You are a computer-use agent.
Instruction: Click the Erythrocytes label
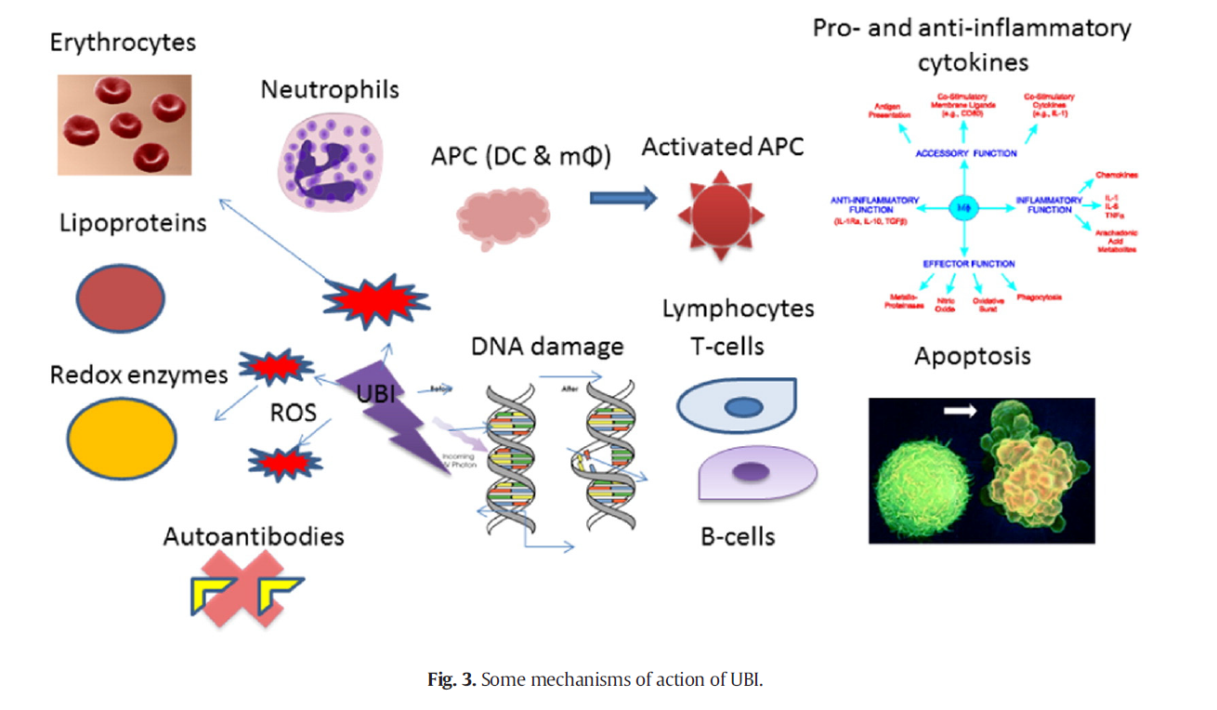click(124, 44)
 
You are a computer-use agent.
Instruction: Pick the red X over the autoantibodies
click(246, 586)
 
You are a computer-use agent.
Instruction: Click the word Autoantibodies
click(254, 536)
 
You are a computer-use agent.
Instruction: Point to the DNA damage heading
click(547, 348)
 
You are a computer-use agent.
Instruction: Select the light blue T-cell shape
click(736, 406)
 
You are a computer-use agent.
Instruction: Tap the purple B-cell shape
click(755, 472)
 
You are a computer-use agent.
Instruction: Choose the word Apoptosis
click(972, 357)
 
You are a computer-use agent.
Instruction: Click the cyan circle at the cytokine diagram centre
click(962, 207)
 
